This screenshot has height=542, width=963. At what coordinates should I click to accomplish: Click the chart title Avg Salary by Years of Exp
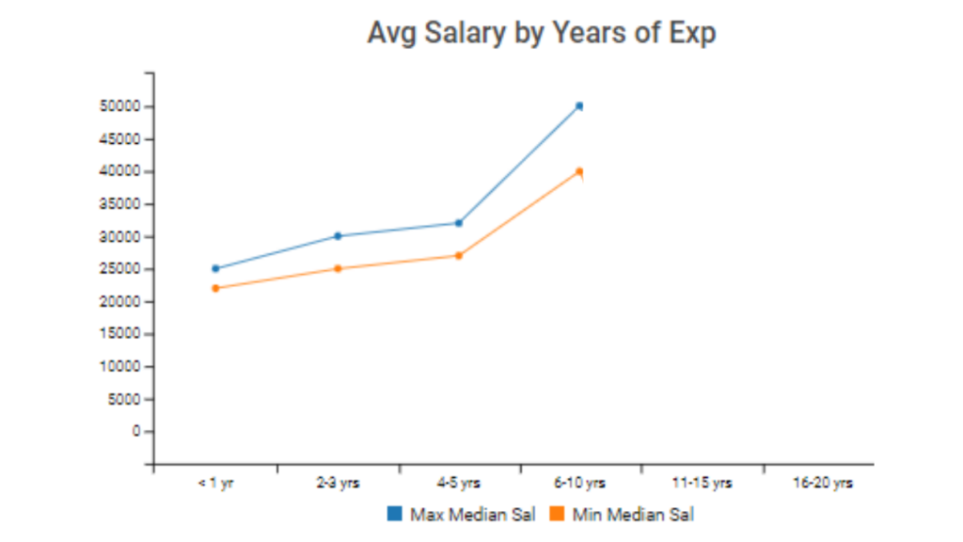pos(541,33)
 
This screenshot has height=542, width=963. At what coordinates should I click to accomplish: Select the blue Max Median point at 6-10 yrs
pos(580,106)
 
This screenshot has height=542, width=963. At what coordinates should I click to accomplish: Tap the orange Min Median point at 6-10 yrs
pos(580,171)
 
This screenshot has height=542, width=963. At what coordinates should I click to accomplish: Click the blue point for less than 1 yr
pos(215,268)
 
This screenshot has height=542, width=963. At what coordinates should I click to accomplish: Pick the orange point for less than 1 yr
pos(215,288)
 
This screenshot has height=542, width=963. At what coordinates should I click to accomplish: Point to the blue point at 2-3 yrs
pos(338,236)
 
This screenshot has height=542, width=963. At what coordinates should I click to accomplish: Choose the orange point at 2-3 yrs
pos(338,268)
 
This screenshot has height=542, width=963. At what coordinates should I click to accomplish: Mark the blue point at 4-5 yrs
pos(459,223)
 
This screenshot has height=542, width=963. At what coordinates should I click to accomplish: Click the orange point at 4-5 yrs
pos(459,255)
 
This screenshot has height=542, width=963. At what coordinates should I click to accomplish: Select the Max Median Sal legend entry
pos(462,514)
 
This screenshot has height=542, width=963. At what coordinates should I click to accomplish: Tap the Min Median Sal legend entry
pos(622,514)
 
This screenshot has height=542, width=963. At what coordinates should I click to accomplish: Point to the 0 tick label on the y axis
pos(135,431)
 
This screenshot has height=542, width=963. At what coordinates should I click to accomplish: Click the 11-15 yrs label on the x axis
pos(702,483)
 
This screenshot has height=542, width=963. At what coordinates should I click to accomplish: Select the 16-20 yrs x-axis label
pos(823,483)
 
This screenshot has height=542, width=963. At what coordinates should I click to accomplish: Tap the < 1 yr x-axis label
pos(215,483)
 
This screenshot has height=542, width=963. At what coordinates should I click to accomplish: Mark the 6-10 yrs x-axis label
pos(580,483)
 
